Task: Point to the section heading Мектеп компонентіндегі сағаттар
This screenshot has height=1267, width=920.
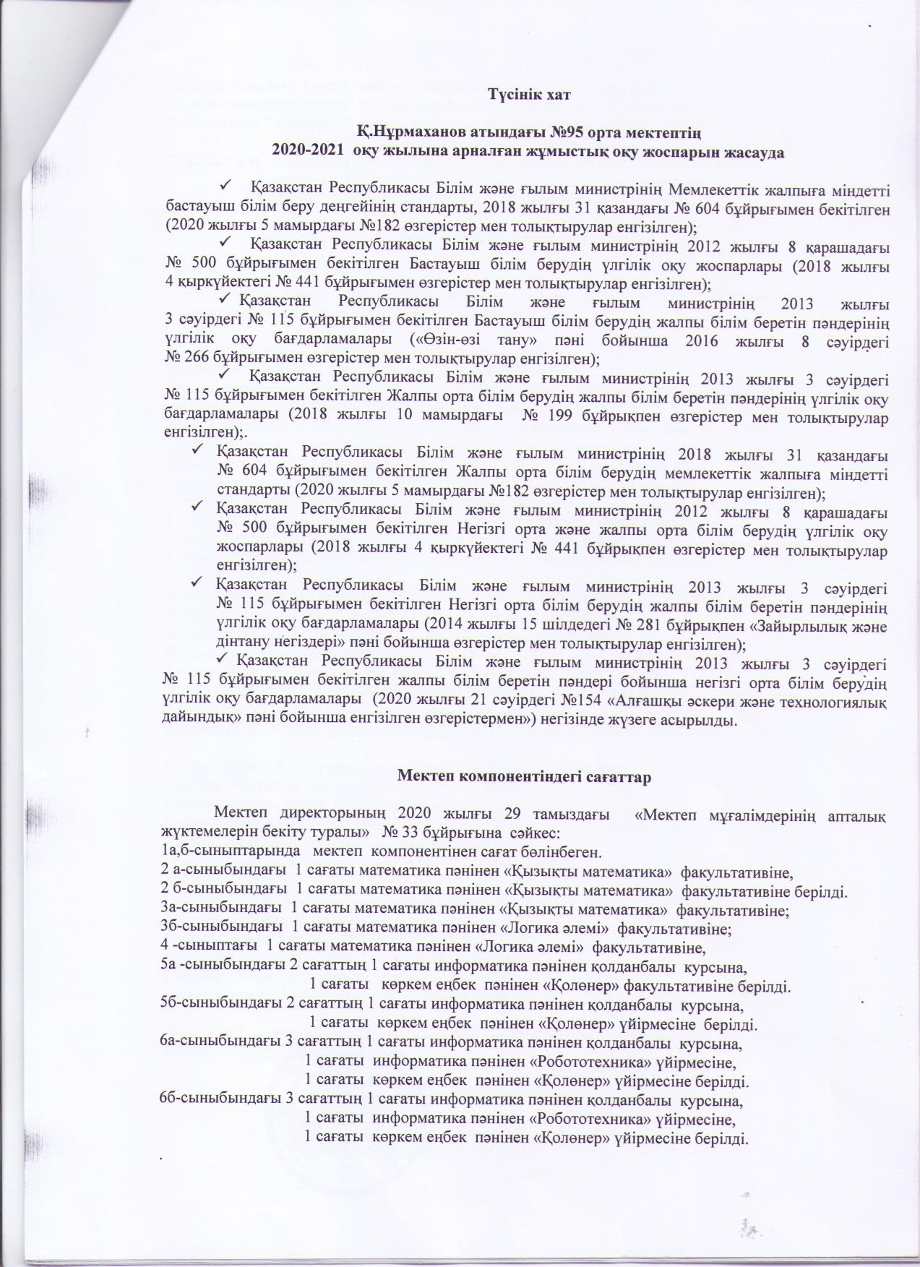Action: (525, 778)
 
